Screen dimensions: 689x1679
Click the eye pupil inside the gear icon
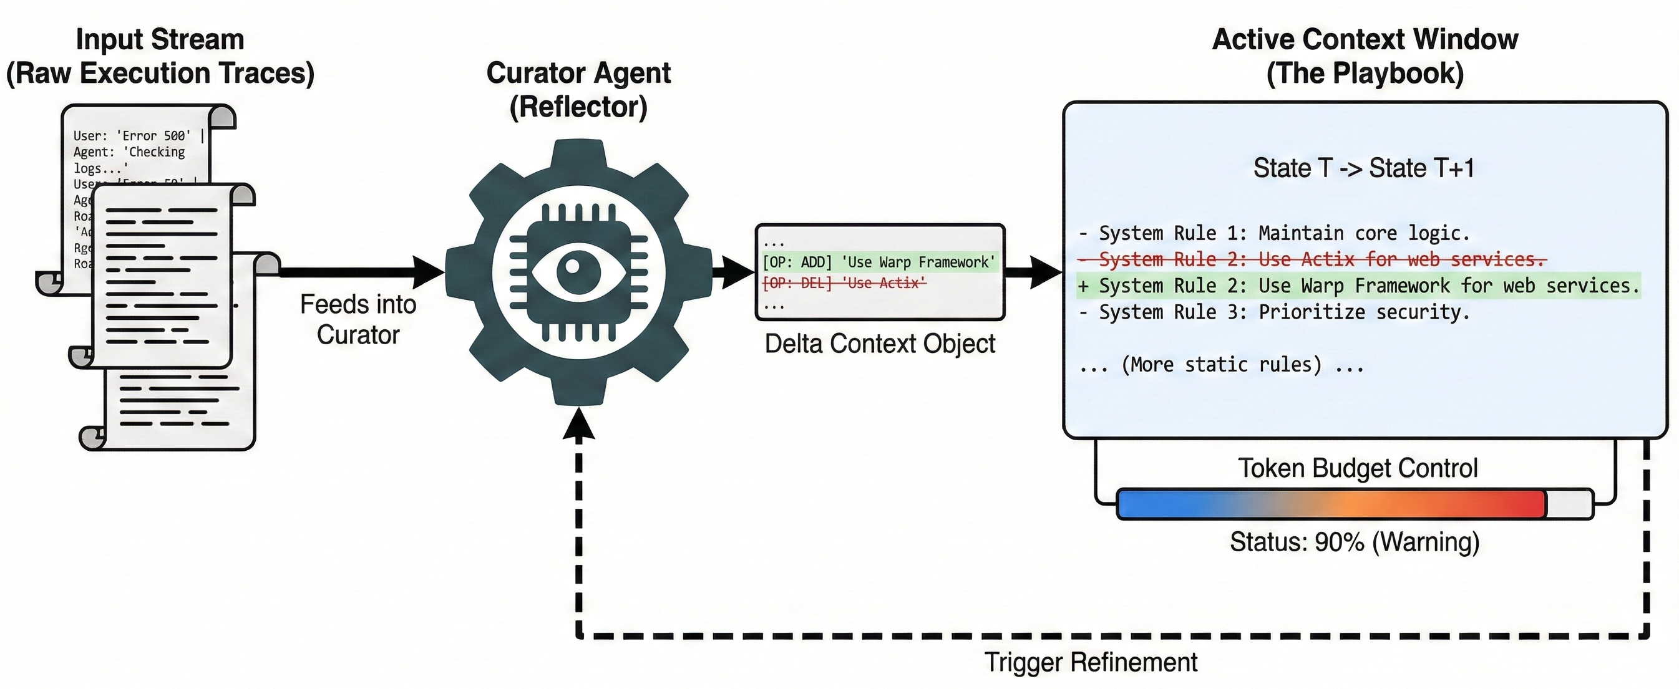click(x=573, y=266)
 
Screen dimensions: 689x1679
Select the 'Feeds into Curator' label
click(x=358, y=320)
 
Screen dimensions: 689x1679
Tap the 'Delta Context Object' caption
click(x=879, y=344)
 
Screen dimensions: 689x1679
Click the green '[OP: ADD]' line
click(x=878, y=262)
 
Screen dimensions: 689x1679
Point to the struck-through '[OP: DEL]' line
click(x=844, y=283)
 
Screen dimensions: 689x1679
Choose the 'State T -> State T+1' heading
click(x=1363, y=168)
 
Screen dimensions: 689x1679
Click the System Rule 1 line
click(x=1274, y=233)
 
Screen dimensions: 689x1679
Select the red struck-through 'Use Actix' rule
click(x=1312, y=259)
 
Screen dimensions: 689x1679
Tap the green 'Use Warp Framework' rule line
click(x=1358, y=285)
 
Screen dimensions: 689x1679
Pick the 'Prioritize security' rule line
click(x=1274, y=312)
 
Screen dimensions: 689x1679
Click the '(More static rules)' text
click(x=1222, y=365)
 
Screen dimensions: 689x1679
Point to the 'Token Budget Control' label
click(x=1357, y=468)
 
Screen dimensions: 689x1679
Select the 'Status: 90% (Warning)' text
click(x=1355, y=542)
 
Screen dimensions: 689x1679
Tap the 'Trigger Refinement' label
click(x=1091, y=662)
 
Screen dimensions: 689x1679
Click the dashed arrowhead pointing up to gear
click(x=579, y=424)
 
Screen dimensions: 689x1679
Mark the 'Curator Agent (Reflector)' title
click(x=578, y=90)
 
